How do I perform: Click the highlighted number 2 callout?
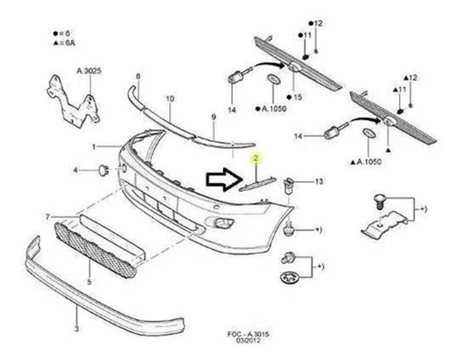click(x=255, y=158)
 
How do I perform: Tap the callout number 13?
click(x=319, y=182)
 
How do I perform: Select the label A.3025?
click(x=89, y=71)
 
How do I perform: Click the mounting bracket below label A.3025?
click(x=72, y=102)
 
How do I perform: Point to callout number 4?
click(x=76, y=170)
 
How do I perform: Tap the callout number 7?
click(x=47, y=217)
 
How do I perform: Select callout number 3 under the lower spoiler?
click(x=76, y=328)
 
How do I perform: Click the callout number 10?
click(x=170, y=98)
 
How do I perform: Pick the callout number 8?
click(x=138, y=76)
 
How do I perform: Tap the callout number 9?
click(x=214, y=117)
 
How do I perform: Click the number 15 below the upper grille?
click(x=297, y=97)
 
